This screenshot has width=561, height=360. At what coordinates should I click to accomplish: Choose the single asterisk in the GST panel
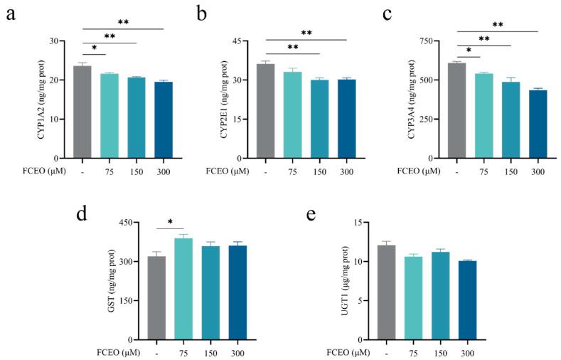point(170,222)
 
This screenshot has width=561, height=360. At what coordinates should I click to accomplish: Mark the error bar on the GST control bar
point(156,253)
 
